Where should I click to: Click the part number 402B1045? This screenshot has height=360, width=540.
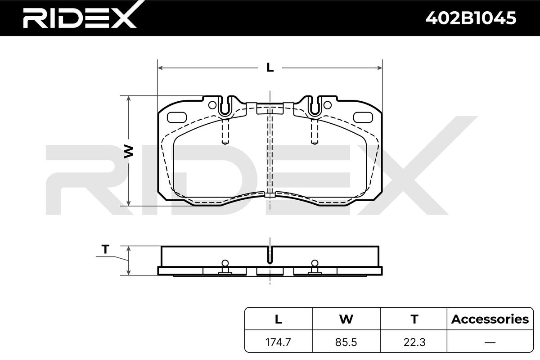(471, 18)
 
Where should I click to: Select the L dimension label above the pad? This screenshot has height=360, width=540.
(270, 67)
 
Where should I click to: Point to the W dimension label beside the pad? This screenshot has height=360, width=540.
(129, 152)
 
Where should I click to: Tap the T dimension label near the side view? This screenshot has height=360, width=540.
(105, 249)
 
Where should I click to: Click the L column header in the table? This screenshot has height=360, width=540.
(279, 319)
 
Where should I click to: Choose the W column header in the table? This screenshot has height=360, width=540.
(346, 319)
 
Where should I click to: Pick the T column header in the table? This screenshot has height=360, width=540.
(414, 319)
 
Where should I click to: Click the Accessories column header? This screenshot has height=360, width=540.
(490, 319)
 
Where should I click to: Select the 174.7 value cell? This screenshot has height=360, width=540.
(278, 342)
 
